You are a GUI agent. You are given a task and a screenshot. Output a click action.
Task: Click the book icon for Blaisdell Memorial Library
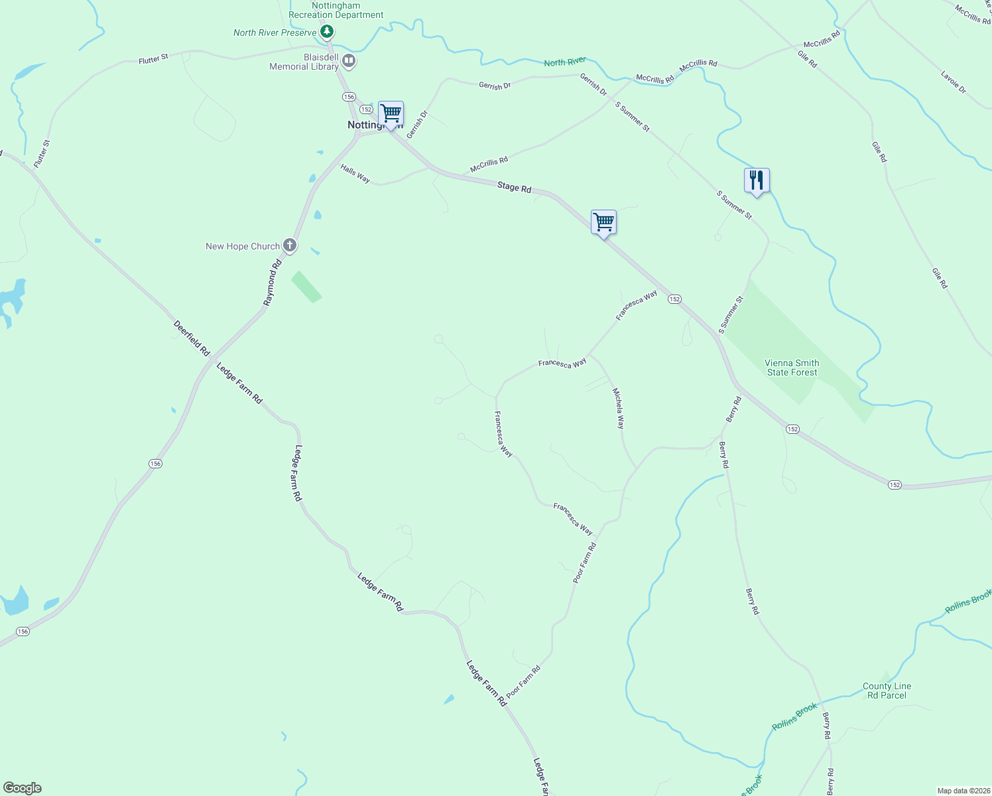pos(349,62)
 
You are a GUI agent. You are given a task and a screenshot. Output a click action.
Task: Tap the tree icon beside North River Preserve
pos(326,32)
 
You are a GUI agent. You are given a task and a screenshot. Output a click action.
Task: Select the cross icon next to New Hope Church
pos(289,245)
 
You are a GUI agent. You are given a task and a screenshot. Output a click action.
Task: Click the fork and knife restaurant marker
pos(757,180)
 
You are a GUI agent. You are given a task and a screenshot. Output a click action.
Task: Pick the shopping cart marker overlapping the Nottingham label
pos(391,113)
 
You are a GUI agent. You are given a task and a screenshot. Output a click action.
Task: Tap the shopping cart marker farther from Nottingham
pos(603,222)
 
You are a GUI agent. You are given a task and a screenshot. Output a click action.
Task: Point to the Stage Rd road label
pos(515,188)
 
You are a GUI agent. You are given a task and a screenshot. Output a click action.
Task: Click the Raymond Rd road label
pos(272,283)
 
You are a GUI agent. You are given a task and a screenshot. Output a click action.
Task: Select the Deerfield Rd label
pos(191,338)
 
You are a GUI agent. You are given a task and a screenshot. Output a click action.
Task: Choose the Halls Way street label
pos(355,174)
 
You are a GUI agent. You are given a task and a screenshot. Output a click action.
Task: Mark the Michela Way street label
pos(618,408)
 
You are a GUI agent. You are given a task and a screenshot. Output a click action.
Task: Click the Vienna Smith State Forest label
pos(792,367)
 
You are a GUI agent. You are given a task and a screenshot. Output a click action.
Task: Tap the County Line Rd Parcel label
pos(887,691)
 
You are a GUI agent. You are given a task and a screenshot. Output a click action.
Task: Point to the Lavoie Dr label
pos(954,82)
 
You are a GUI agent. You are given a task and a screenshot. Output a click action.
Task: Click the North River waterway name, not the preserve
pos(565,62)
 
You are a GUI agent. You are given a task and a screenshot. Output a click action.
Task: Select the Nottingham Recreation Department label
pos(336,10)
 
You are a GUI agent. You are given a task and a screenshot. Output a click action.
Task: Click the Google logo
pos(23,788)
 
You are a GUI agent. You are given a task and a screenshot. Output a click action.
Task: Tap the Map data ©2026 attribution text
pos(962,791)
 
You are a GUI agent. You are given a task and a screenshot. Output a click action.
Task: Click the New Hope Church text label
pos(243,246)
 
